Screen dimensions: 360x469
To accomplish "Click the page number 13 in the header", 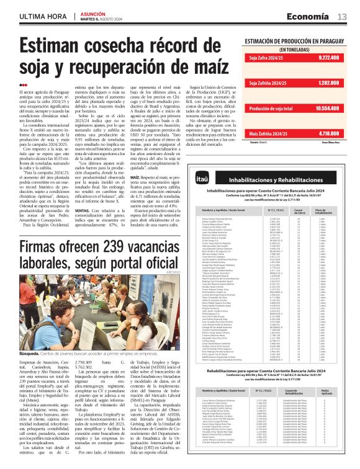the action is coord(343,16).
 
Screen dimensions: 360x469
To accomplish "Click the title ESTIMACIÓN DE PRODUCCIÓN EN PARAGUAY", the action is coord(295,41).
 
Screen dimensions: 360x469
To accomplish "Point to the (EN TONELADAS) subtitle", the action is coord(295,48).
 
